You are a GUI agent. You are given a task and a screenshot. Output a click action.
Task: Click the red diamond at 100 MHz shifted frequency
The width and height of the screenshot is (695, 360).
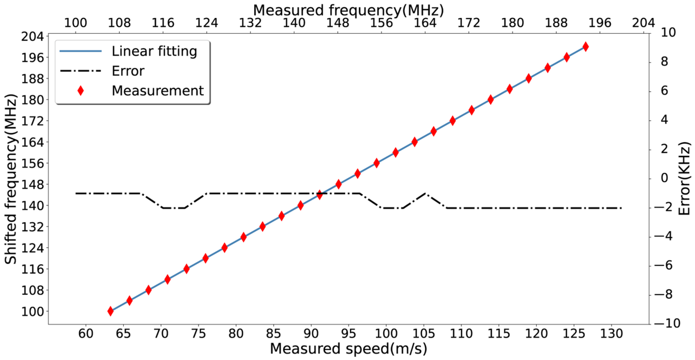tap(110, 311)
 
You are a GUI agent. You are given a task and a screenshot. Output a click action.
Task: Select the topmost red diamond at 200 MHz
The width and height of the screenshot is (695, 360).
tap(585, 47)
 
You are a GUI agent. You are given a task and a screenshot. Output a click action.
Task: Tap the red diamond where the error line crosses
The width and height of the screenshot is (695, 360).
tap(320, 195)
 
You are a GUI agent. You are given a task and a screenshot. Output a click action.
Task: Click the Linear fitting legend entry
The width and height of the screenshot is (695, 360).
tap(154, 51)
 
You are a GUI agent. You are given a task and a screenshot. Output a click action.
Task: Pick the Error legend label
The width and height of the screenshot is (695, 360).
tap(128, 71)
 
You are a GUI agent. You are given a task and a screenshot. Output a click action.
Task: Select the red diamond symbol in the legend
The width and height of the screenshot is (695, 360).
tap(80, 91)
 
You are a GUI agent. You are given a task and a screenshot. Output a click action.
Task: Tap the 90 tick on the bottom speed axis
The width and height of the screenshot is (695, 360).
tap(311, 334)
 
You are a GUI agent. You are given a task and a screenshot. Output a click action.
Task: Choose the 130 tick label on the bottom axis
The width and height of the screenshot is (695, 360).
tap(611, 334)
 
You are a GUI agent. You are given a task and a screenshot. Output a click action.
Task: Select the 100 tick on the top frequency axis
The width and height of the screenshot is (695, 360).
tap(76, 23)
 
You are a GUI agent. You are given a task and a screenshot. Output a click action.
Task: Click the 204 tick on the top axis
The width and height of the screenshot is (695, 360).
tap(644, 23)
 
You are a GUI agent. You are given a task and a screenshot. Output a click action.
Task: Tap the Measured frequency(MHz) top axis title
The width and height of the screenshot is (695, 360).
tap(348, 10)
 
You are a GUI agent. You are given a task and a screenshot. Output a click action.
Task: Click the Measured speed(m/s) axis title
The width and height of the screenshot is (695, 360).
tap(348, 349)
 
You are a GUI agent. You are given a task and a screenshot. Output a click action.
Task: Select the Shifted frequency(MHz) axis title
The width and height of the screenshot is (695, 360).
tap(11, 179)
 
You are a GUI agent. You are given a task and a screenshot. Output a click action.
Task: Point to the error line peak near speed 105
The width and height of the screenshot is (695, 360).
tap(425, 193)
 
